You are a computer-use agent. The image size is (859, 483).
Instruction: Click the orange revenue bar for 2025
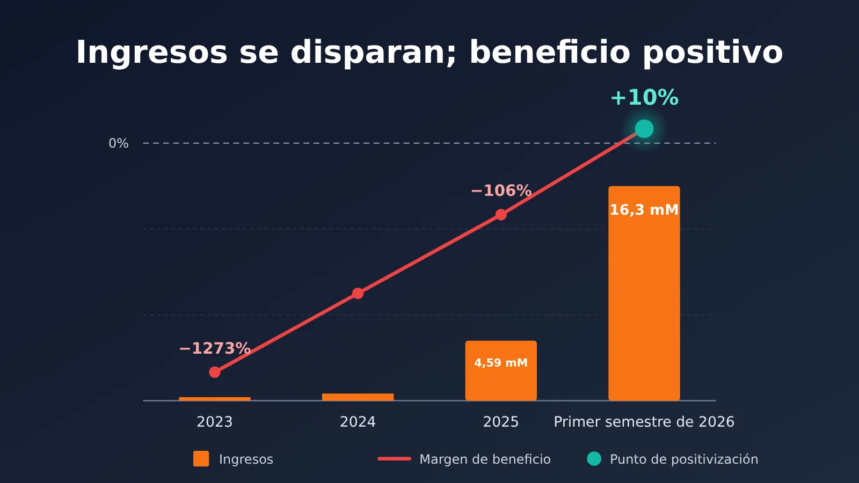pos(501,370)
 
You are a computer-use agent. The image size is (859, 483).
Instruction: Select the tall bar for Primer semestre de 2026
pos(644,293)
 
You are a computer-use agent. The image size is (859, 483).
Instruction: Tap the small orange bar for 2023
pos(214,399)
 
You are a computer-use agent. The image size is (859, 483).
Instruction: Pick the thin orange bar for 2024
pos(358,397)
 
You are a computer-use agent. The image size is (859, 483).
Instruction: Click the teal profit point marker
pos(644,128)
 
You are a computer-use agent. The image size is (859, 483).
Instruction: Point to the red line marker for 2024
pos(358,293)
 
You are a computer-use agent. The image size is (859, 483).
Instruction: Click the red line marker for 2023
pos(215,372)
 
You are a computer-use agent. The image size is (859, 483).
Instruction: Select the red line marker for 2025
pos(501,215)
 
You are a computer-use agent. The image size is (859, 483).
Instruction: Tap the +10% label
pos(644,97)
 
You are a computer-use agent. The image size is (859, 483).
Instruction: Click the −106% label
pos(501,191)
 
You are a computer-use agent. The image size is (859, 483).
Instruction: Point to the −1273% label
pos(215,348)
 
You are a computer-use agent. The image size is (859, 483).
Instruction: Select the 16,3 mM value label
pos(644,210)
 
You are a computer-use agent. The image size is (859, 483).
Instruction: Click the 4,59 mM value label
pos(501,363)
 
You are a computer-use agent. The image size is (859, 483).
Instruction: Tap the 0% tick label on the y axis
pos(119,143)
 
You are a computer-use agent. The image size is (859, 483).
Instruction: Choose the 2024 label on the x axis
pos(358,422)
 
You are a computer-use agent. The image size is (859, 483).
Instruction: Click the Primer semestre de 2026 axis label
pos(644,422)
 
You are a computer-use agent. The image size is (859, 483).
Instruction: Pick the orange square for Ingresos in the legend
pos(201,459)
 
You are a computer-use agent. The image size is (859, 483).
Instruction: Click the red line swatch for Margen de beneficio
pos(394,459)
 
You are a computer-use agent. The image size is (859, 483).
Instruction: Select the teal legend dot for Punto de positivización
pos(594,459)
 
